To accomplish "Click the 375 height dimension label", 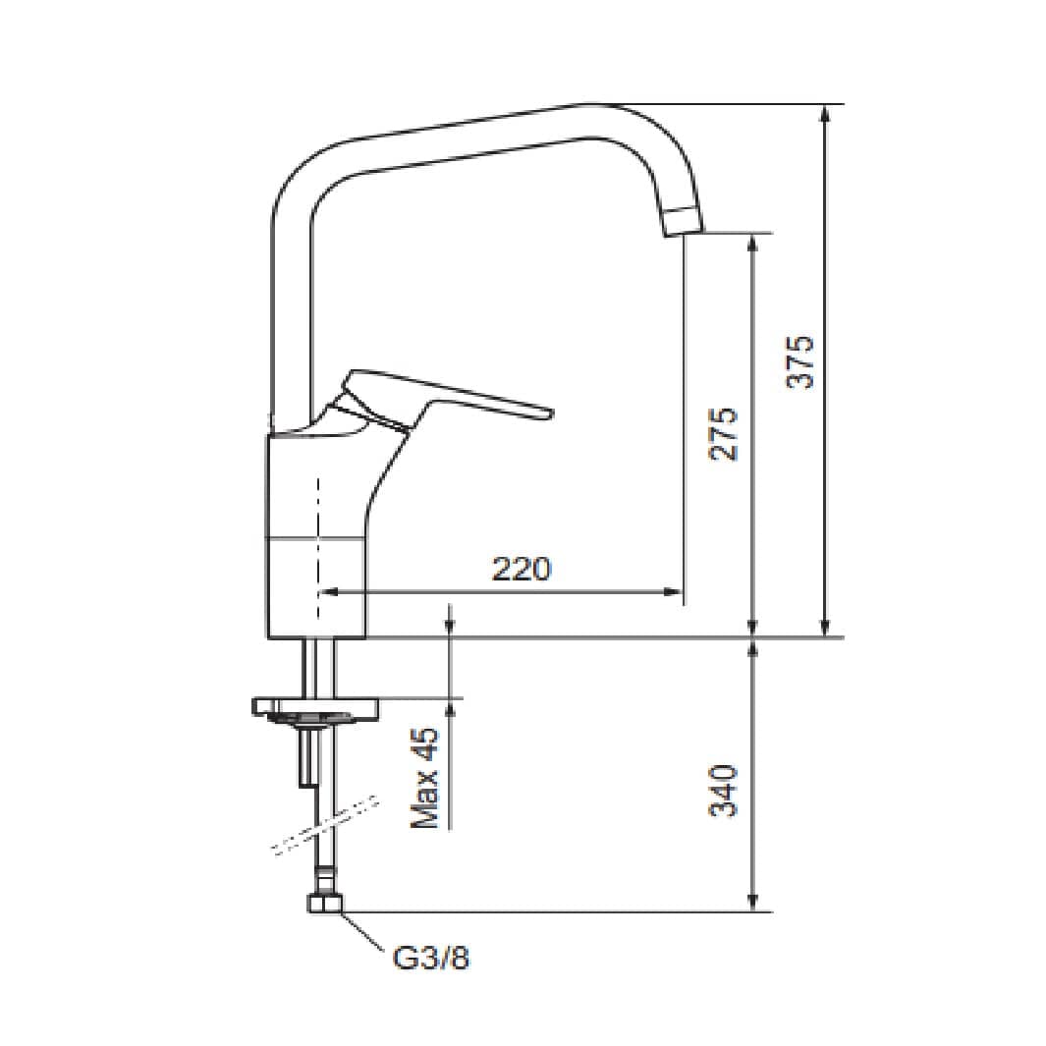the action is tap(799, 362).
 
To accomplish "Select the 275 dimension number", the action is tap(724, 434).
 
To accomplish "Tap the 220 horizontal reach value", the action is tap(522, 569).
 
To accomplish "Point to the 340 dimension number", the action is tap(724, 791).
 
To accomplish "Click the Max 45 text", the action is tap(425, 778).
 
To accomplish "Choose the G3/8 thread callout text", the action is tap(431, 959).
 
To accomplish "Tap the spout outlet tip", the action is tap(684, 221).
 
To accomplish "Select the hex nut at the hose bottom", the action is tap(325, 904).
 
